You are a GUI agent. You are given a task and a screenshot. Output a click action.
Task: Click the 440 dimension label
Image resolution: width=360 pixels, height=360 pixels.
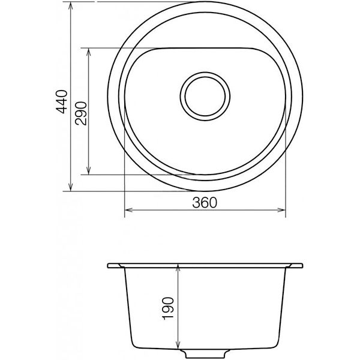(62, 102)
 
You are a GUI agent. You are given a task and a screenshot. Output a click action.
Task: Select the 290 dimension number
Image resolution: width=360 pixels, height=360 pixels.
(81, 113)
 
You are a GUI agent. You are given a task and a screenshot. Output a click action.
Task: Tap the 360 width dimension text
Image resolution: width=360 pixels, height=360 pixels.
(205, 203)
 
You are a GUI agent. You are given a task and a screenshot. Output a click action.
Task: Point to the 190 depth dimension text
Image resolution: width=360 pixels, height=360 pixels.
(168, 308)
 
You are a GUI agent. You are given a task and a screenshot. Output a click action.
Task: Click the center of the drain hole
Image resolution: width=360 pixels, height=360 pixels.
(205, 96)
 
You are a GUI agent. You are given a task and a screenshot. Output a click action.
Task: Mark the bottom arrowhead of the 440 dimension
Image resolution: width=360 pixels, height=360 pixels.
(71, 187)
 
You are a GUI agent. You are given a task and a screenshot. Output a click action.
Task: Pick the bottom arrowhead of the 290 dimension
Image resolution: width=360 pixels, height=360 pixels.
(89, 170)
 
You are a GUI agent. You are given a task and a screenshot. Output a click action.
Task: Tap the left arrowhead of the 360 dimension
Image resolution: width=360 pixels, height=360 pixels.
(128, 210)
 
